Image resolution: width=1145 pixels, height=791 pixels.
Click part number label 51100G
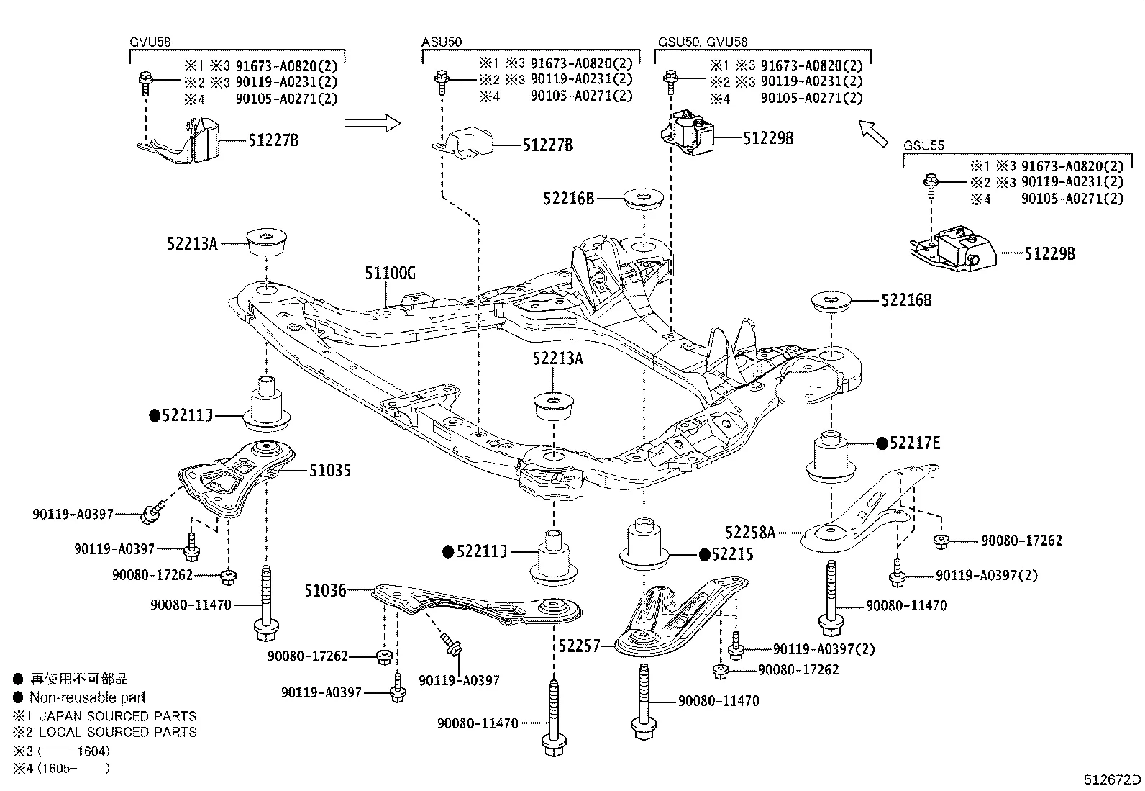pos(390,274)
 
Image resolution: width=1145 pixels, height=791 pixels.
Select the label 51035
pos(330,471)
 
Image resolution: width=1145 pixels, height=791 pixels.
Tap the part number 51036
pos(325,590)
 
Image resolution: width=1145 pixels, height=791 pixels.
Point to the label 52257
pos(579,646)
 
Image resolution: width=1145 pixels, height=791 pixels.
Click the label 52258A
pos(750,533)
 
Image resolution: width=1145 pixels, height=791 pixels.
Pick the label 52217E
pos(914,443)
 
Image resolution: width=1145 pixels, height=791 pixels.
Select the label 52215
pos(732,554)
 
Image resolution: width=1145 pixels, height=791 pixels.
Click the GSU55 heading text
pos(923,145)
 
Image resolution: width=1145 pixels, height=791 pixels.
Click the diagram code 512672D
pos(1113,779)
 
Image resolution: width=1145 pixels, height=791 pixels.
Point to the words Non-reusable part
pos(87,697)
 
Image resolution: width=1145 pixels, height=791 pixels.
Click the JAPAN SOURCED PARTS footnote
pos(117,716)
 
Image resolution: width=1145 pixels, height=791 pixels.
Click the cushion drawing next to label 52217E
pos(831,457)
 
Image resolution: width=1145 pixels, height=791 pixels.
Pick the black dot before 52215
pos(705,555)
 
